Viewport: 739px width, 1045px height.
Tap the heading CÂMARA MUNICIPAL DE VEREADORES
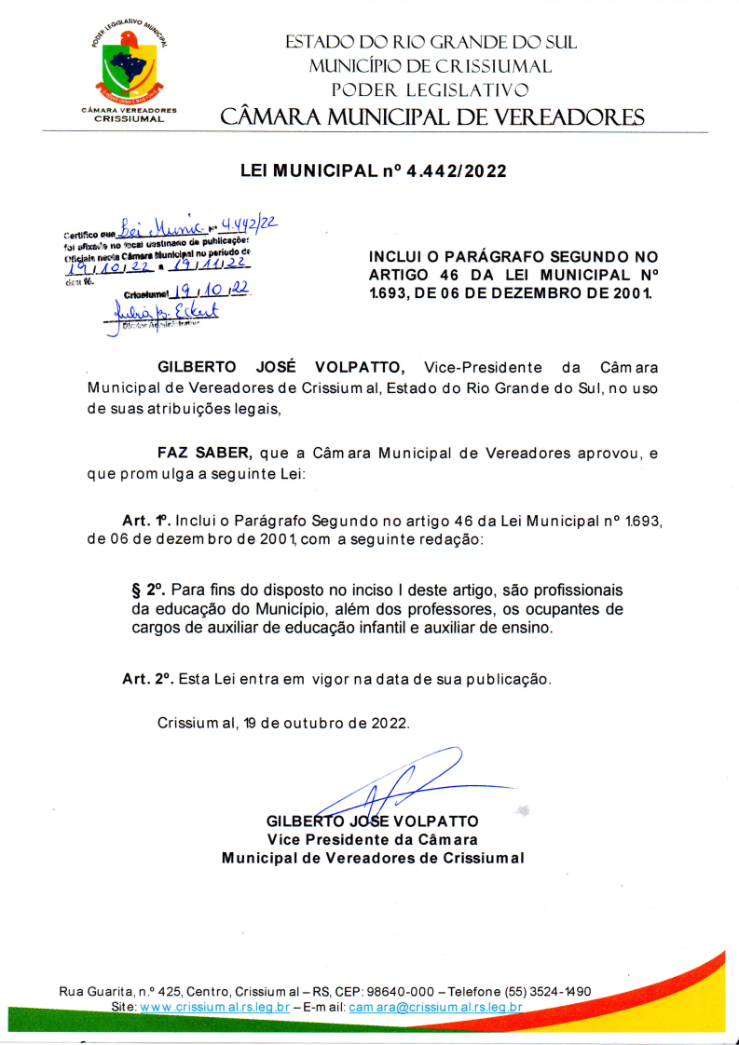431,117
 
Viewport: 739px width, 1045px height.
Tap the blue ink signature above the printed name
391,787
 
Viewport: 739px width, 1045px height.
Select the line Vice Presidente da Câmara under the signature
373,839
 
